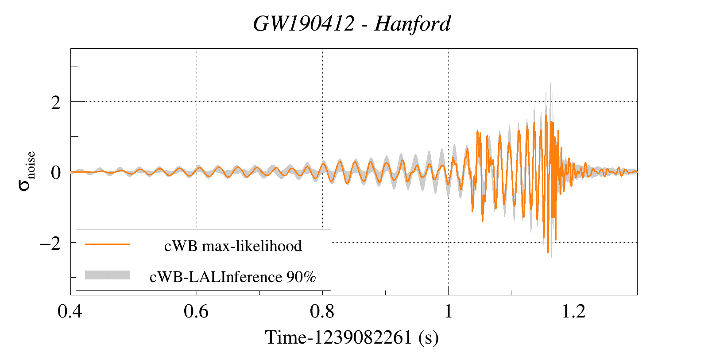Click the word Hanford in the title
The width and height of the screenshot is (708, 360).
(413, 23)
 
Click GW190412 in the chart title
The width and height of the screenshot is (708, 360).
(304, 23)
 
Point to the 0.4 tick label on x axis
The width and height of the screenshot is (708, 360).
(70, 311)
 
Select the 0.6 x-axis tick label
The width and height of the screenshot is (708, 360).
(196, 311)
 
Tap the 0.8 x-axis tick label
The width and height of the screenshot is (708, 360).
(322, 311)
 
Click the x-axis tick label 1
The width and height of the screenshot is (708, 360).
(448, 311)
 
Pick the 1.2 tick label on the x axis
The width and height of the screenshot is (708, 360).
(574, 311)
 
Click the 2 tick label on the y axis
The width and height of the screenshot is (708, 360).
(56, 103)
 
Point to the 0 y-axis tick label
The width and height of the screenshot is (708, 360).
(56, 173)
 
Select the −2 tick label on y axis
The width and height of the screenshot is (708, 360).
(50, 243)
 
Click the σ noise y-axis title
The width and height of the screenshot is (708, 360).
(27, 172)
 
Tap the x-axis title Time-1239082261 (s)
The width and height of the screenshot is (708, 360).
(352, 337)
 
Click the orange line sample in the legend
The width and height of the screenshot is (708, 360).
(108, 244)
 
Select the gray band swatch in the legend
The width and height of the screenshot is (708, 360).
(108, 275)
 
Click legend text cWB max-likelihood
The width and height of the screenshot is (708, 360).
(233, 246)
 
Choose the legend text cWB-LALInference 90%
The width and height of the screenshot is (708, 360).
(233, 277)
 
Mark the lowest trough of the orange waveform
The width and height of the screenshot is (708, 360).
(548, 252)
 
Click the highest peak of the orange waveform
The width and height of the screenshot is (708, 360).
(546, 116)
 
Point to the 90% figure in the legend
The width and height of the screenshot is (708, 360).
(302, 277)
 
